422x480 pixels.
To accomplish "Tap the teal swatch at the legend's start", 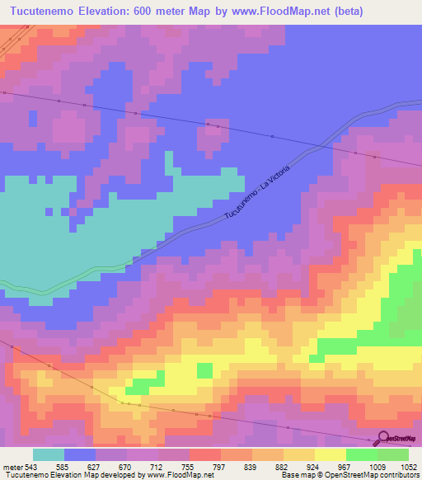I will click(49, 454).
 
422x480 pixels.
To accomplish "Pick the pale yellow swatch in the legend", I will click(330, 454).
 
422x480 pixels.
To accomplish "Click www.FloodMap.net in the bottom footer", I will click(176, 474).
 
